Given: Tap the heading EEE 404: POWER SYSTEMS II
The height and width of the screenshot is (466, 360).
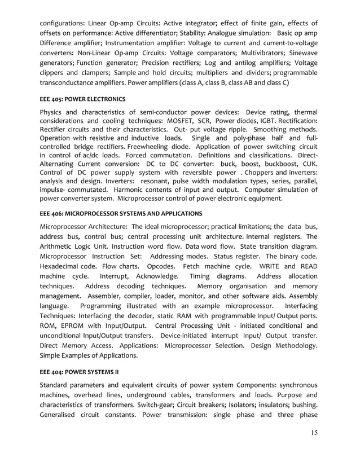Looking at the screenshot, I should pyautogui.click(x=78, y=372).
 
